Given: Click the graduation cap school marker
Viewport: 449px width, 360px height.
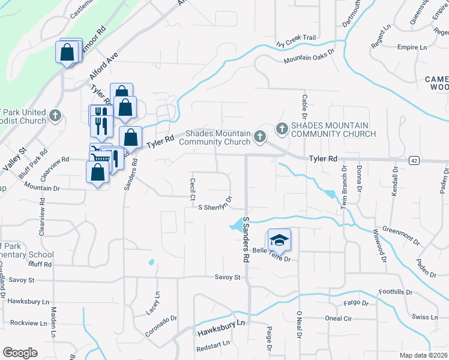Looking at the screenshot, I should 279,241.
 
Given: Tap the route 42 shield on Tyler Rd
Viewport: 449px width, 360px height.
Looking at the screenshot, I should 414,160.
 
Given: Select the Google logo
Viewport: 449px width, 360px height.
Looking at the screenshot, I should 20,353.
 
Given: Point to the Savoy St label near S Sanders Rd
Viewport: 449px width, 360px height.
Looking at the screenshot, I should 228,277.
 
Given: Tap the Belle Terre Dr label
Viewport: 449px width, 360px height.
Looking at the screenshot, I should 271,255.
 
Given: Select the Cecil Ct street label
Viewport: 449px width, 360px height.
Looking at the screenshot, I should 193,189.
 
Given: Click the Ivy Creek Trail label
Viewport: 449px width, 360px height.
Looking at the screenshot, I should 295,37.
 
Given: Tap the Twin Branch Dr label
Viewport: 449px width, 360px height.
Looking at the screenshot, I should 345,187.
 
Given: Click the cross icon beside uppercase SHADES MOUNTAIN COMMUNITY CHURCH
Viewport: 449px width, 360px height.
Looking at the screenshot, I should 282,128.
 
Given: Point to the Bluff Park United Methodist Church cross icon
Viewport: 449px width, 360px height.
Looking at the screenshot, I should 55,115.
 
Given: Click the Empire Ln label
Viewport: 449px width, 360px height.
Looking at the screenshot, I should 411,47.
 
